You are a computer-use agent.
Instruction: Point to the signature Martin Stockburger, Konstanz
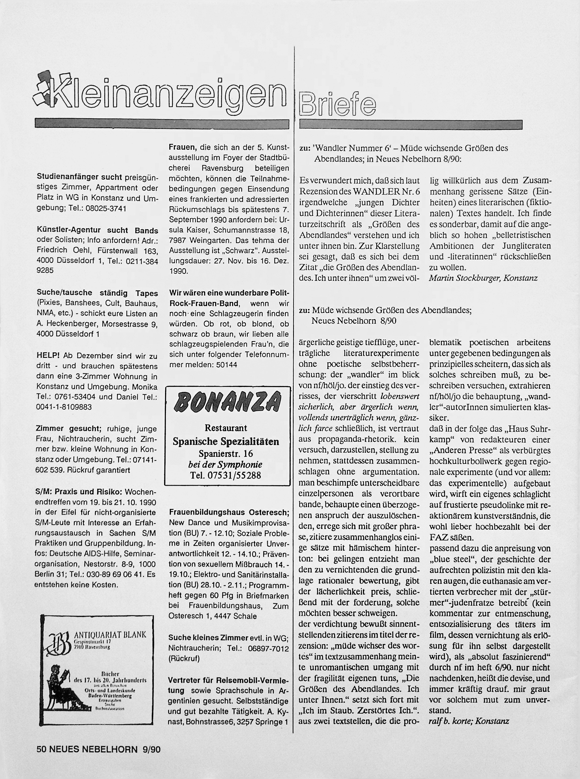pyautogui.click(x=483, y=278)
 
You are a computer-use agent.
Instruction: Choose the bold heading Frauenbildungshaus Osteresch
pyautogui.click(x=229, y=512)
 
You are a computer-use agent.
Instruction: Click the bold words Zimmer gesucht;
pyautogui.click(x=69, y=428)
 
